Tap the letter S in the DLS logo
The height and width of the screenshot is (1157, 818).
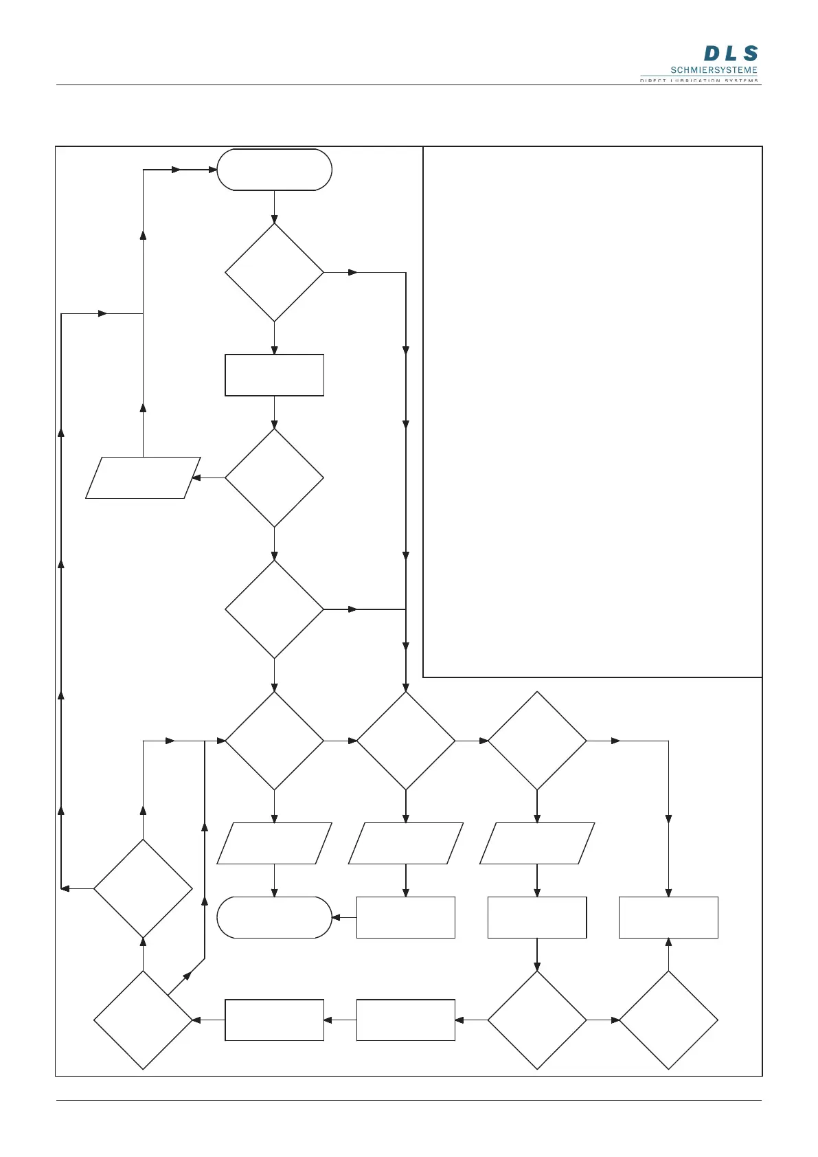pyautogui.click(x=750, y=54)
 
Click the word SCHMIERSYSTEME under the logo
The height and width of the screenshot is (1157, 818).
pyautogui.click(x=714, y=70)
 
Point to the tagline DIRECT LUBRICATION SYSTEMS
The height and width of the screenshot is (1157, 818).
pyautogui.click(x=699, y=80)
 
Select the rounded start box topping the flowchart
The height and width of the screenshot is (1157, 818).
pyautogui.click(x=274, y=170)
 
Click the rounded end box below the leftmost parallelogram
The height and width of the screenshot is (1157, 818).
pyautogui.click(x=274, y=917)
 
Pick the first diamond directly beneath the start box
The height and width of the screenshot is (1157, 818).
pyautogui.click(x=274, y=272)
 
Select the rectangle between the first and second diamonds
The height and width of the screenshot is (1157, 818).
pyautogui.click(x=274, y=375)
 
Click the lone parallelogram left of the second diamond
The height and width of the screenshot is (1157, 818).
pyautogui.click(x=143, y=478)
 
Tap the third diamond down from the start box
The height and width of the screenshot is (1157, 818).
pyautogui.click(x=274, y=609)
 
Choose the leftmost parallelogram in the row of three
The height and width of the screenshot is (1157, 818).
pyautogui.click(x=274, y=843)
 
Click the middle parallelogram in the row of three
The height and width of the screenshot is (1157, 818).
pyautogui.click(x=405, y=843)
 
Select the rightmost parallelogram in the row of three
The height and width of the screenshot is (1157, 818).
pyautogui.click(x=536, y=843)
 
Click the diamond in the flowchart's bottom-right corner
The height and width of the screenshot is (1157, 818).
pyautogui.click(x=668, y=1020)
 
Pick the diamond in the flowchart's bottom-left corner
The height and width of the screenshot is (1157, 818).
pyautogui.click(x=143, y=1020)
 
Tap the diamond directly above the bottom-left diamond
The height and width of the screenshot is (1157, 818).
pyautogui.click(x=143, y=888)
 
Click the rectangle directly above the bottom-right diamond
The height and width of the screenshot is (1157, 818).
pyautogui.click(x=668, y=917)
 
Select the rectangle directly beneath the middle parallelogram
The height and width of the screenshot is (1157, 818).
pyautogui.click(x=405, y=917)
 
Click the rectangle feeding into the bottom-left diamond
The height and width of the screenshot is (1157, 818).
pyautogui.click(x=274, y=1020)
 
